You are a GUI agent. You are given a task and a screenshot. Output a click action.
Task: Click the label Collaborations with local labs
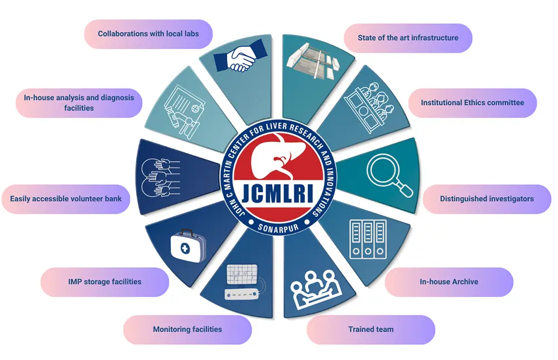point(148,34)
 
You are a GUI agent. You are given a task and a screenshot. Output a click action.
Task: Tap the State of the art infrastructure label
point(408,38)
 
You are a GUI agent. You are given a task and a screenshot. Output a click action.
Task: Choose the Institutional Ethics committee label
point(472,103)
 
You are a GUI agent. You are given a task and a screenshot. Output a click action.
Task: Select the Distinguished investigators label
point(487,199)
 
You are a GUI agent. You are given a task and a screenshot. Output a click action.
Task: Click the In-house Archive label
point(449,282)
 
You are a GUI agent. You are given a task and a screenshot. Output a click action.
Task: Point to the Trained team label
point(371,329)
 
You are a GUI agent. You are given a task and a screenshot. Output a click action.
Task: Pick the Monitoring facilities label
point(187,329)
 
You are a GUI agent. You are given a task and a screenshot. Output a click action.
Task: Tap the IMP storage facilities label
point(104,282)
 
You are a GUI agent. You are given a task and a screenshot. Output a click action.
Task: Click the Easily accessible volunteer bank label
point(66,199)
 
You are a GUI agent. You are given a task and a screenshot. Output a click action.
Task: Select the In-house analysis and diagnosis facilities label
point(79,103)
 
